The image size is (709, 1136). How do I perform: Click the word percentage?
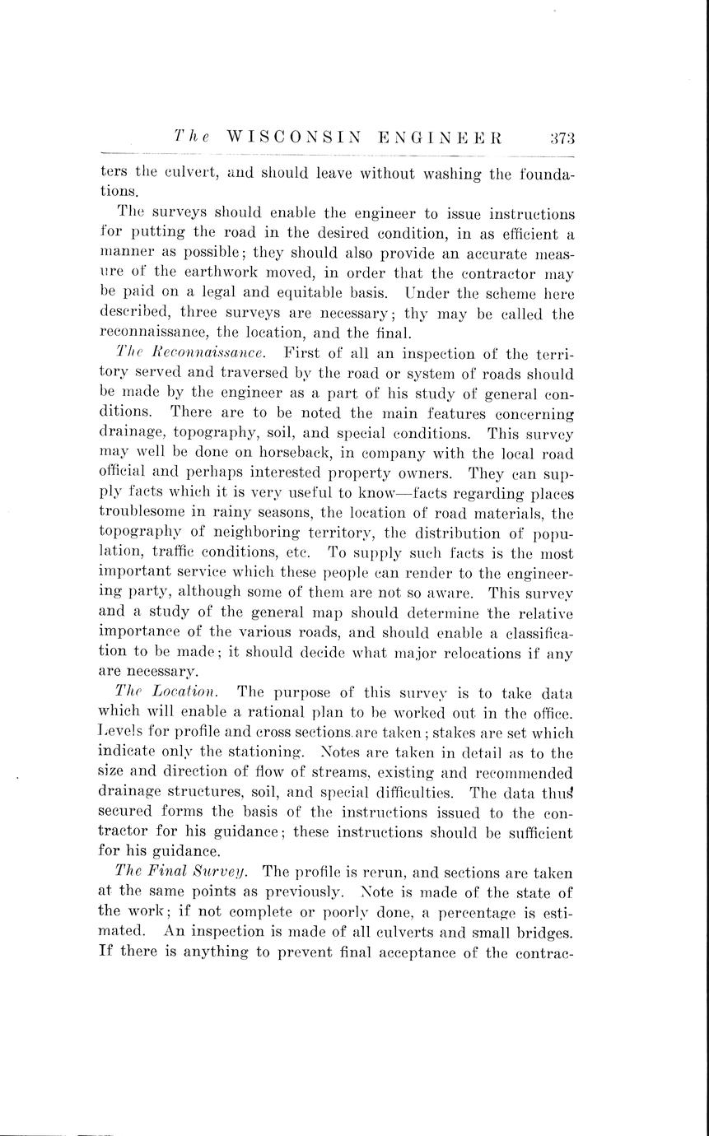coord(491,913)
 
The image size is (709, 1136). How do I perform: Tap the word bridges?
coord(543,933)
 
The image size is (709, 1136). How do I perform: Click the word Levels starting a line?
coord(123,733)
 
